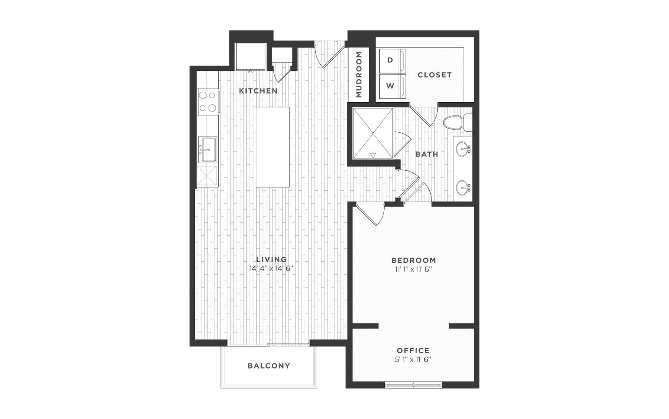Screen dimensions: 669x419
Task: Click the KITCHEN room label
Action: (258, 91)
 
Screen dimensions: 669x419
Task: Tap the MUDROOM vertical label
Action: (359, 75)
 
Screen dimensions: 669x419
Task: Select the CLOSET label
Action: (434, 75)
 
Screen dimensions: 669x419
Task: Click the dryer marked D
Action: (393, 61)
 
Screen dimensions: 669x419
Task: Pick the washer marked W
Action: (393, 86)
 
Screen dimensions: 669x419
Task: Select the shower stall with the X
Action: (373, 133)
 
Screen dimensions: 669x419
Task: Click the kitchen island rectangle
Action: (273, 147)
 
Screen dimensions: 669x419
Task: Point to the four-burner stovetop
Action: (208, 102)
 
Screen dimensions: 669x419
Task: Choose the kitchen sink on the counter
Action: (207, 149)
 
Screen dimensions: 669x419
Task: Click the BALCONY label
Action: (269, 366)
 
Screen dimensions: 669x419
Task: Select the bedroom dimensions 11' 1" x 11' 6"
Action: (414, 270)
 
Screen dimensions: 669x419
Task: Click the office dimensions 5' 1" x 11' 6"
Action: (413, 360)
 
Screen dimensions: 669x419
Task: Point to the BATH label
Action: (427, 154)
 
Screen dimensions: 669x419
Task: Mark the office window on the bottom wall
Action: (414, 385)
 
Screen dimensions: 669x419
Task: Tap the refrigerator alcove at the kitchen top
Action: (250, 56)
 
